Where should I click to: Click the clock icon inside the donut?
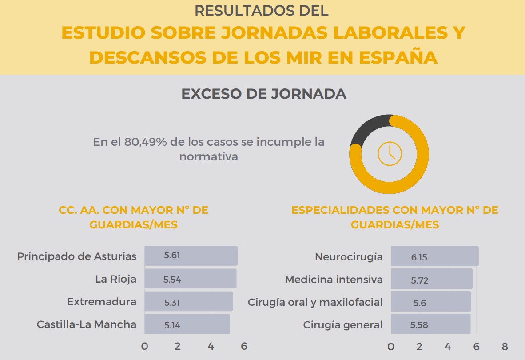390,153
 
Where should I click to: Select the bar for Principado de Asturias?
191,256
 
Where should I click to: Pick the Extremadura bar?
188,302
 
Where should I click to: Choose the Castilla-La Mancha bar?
187,324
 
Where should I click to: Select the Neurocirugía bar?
434,256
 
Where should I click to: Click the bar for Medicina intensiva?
431,279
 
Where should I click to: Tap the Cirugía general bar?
430,324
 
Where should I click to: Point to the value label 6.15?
419,257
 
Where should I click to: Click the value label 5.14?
172,325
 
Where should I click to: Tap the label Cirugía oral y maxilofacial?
315,302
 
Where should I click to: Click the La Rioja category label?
115,279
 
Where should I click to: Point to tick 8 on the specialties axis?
505,346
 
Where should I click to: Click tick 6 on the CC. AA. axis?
244,346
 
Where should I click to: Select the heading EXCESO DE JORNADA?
264,94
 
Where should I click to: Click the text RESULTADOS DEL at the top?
262,11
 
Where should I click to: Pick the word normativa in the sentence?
208,157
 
